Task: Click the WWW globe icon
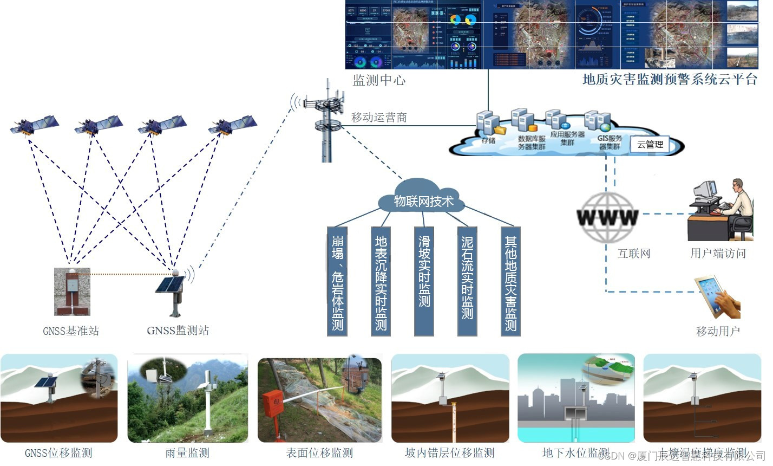(x=607, y=218)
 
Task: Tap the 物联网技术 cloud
(x=423, y=202)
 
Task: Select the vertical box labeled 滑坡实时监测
(x=424, y=281)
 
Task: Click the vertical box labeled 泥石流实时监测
(x=467, y=281)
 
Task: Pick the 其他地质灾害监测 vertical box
(x=510, y=281)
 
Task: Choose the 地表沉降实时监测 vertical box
(x=381, y=281)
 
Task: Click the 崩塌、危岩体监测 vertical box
(x=337, y=281)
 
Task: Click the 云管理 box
(x=650, y=144)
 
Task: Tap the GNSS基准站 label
(x=71, y=331)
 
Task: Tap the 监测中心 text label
(x=379, y=80)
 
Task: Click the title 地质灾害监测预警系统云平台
(x=670, y=79)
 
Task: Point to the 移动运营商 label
(x=379, y=117)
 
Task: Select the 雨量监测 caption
(x=187, y=453)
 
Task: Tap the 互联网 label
(x=633, y=253)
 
